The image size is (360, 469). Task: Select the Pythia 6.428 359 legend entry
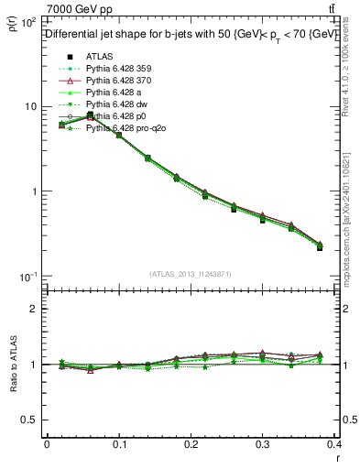(x=116, y=68)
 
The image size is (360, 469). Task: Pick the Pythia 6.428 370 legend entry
(x=116, y=80)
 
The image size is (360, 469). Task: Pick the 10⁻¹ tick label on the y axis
(x=27, y=277)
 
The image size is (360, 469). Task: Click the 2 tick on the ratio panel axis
(x=36, y=309)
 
